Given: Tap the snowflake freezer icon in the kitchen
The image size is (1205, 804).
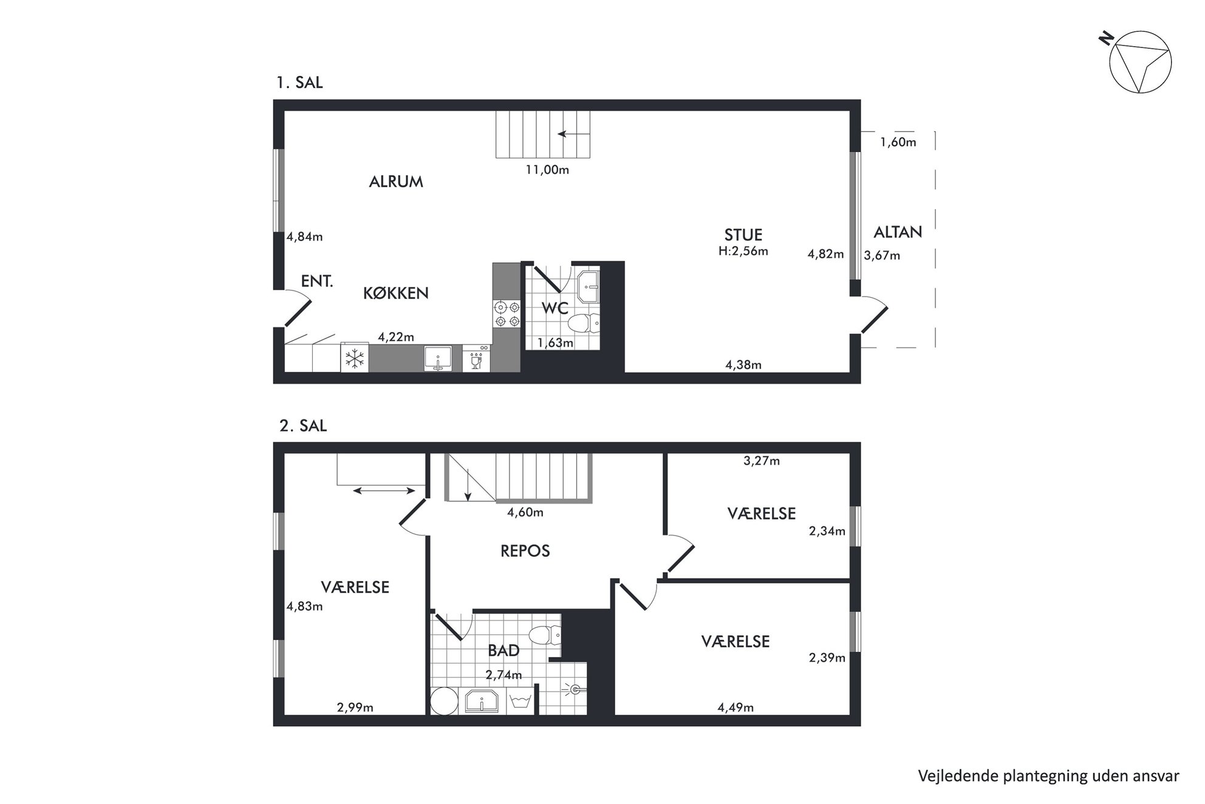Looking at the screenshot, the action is (355, 359).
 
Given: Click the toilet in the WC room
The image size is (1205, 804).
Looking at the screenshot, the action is (584, 323).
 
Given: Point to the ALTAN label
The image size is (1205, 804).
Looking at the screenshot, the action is (898, 232).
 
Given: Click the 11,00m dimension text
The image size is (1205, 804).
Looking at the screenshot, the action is (547, 170).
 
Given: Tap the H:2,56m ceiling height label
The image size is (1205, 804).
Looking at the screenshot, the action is (743, 250).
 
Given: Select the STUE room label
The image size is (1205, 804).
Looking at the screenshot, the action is (743, 235).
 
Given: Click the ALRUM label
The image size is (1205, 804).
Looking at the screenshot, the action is (396, 181).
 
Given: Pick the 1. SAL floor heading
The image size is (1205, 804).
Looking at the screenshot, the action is (299, 82).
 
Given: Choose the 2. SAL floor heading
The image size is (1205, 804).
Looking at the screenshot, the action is (303, 425).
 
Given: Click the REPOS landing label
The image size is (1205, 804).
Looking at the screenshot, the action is (525, 551).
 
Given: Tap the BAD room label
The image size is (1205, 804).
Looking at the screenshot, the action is (504, 650).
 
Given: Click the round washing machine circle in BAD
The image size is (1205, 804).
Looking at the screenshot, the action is (445, 701).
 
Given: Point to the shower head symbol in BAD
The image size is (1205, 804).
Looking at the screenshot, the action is (574, 689).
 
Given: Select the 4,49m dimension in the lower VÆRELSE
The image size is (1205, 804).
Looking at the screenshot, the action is (736, 707).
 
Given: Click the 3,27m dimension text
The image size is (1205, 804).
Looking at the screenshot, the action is (762, 461).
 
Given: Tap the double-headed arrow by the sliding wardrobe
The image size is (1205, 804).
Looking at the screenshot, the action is (384, 490).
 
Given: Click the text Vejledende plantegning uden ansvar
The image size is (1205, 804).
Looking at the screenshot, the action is (1049, 776).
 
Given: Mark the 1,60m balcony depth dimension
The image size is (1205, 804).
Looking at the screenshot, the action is (898, 142).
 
